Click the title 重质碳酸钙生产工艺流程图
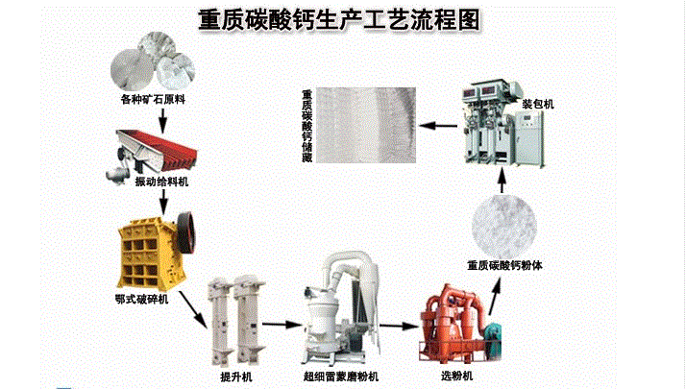(x=339, y=20)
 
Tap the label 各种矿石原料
(x=153, y=99)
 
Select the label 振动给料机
(x=161, y=182)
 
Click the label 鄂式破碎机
(x=142, y=300)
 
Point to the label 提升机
(x=236, y=377)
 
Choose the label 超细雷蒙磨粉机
(x=341, y=377)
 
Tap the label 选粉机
(x=456, y=376)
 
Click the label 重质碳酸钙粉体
(x=504, y=265)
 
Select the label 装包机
(x=538, y=104)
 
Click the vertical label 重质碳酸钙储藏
(x=307, y=126)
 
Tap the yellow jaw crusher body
(x=149, y=254)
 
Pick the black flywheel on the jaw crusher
(x=186, y=231)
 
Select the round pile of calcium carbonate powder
(x=504, y=227)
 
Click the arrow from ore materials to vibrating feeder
(x=162, y=120)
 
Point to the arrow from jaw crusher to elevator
(x=193, y=309)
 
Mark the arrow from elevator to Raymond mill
(x=282, y=325)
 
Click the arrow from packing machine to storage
(x=438, y=126)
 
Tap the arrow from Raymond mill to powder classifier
(x=399, y=326)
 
